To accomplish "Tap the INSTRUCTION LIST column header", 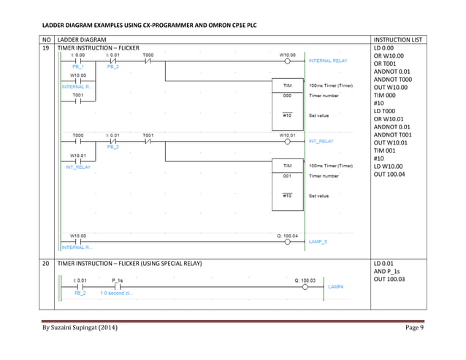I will click(396, 39).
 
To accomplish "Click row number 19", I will click(47, 47).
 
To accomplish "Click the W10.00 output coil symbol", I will click(288, 61).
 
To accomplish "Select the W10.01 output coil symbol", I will click(288, 142).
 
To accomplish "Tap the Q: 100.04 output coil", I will click(288, 242).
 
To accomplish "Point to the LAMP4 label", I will click(335, 286).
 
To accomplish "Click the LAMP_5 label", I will click(318, 241).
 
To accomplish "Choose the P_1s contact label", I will click(118, 280).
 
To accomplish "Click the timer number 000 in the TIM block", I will click(287, 96).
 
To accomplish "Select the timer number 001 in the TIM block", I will click(287, 176).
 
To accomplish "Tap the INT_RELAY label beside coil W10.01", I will click(321, 141).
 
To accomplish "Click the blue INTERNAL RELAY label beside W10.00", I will click(329, 61).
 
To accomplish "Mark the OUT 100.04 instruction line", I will click(392, 174).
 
